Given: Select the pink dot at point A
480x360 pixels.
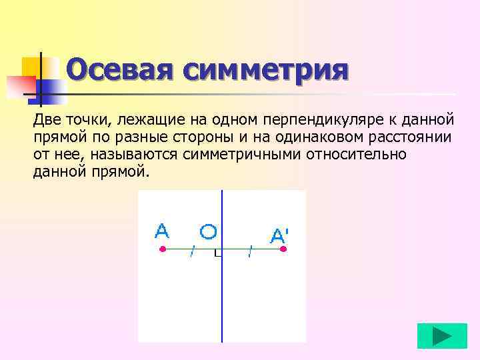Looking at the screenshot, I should [162, 249].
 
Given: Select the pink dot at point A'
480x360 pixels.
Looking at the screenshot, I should [283, 249].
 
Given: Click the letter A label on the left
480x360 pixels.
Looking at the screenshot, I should [162, 231].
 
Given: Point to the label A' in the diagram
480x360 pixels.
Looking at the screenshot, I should [279, 235].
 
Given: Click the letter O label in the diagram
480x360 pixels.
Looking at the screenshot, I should [208, 231].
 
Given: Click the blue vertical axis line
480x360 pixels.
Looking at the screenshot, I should [222, 300].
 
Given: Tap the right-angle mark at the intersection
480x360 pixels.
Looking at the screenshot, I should [218, 253].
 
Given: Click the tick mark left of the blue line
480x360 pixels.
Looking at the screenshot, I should [193, 251].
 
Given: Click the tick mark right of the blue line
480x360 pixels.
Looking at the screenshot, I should [250, 251].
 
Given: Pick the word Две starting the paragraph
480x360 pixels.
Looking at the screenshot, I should [46, 120].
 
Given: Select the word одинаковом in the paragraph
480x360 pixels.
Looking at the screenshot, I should [305, 137].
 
